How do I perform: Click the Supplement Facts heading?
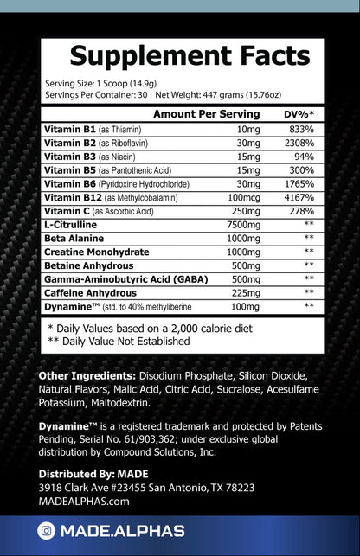pos(189,56)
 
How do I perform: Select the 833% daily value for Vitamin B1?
pos(300,129)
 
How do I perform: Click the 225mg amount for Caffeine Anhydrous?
pos(246,292)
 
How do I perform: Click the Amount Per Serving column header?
pos(206,114)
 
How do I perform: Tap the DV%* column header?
pos(299,114)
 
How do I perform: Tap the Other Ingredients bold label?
pos(87,376)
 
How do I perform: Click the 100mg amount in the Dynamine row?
pos(246,306)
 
